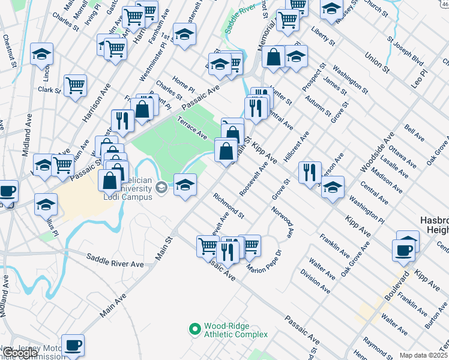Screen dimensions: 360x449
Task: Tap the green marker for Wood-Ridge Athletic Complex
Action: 194,329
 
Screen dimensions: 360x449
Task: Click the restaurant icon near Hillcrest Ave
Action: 310,172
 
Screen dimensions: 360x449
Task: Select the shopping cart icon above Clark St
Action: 75,85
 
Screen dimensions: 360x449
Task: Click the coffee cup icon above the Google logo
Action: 73,345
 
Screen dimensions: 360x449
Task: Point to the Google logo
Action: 19,353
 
